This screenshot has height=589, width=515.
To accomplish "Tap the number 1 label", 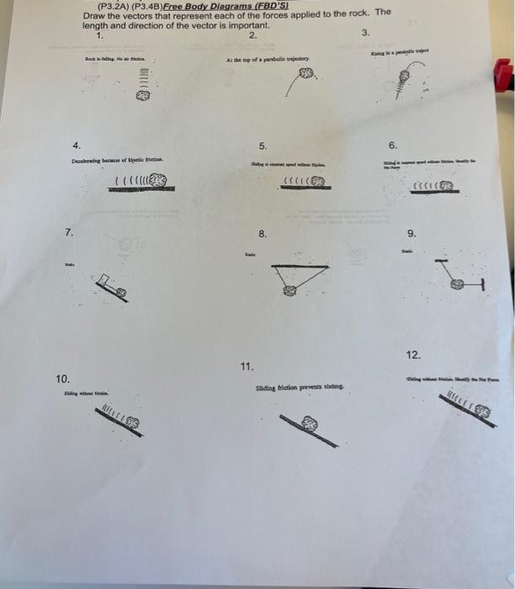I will [101, 34].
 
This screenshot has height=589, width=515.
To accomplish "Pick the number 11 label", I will [246, 366].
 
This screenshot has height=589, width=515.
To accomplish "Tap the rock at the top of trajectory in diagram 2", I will [306, 74].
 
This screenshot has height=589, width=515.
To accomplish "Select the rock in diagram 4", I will [161, 179].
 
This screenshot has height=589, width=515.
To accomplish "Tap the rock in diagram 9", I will [458, 287].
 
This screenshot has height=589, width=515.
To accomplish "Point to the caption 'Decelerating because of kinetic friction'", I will [118, 159].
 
